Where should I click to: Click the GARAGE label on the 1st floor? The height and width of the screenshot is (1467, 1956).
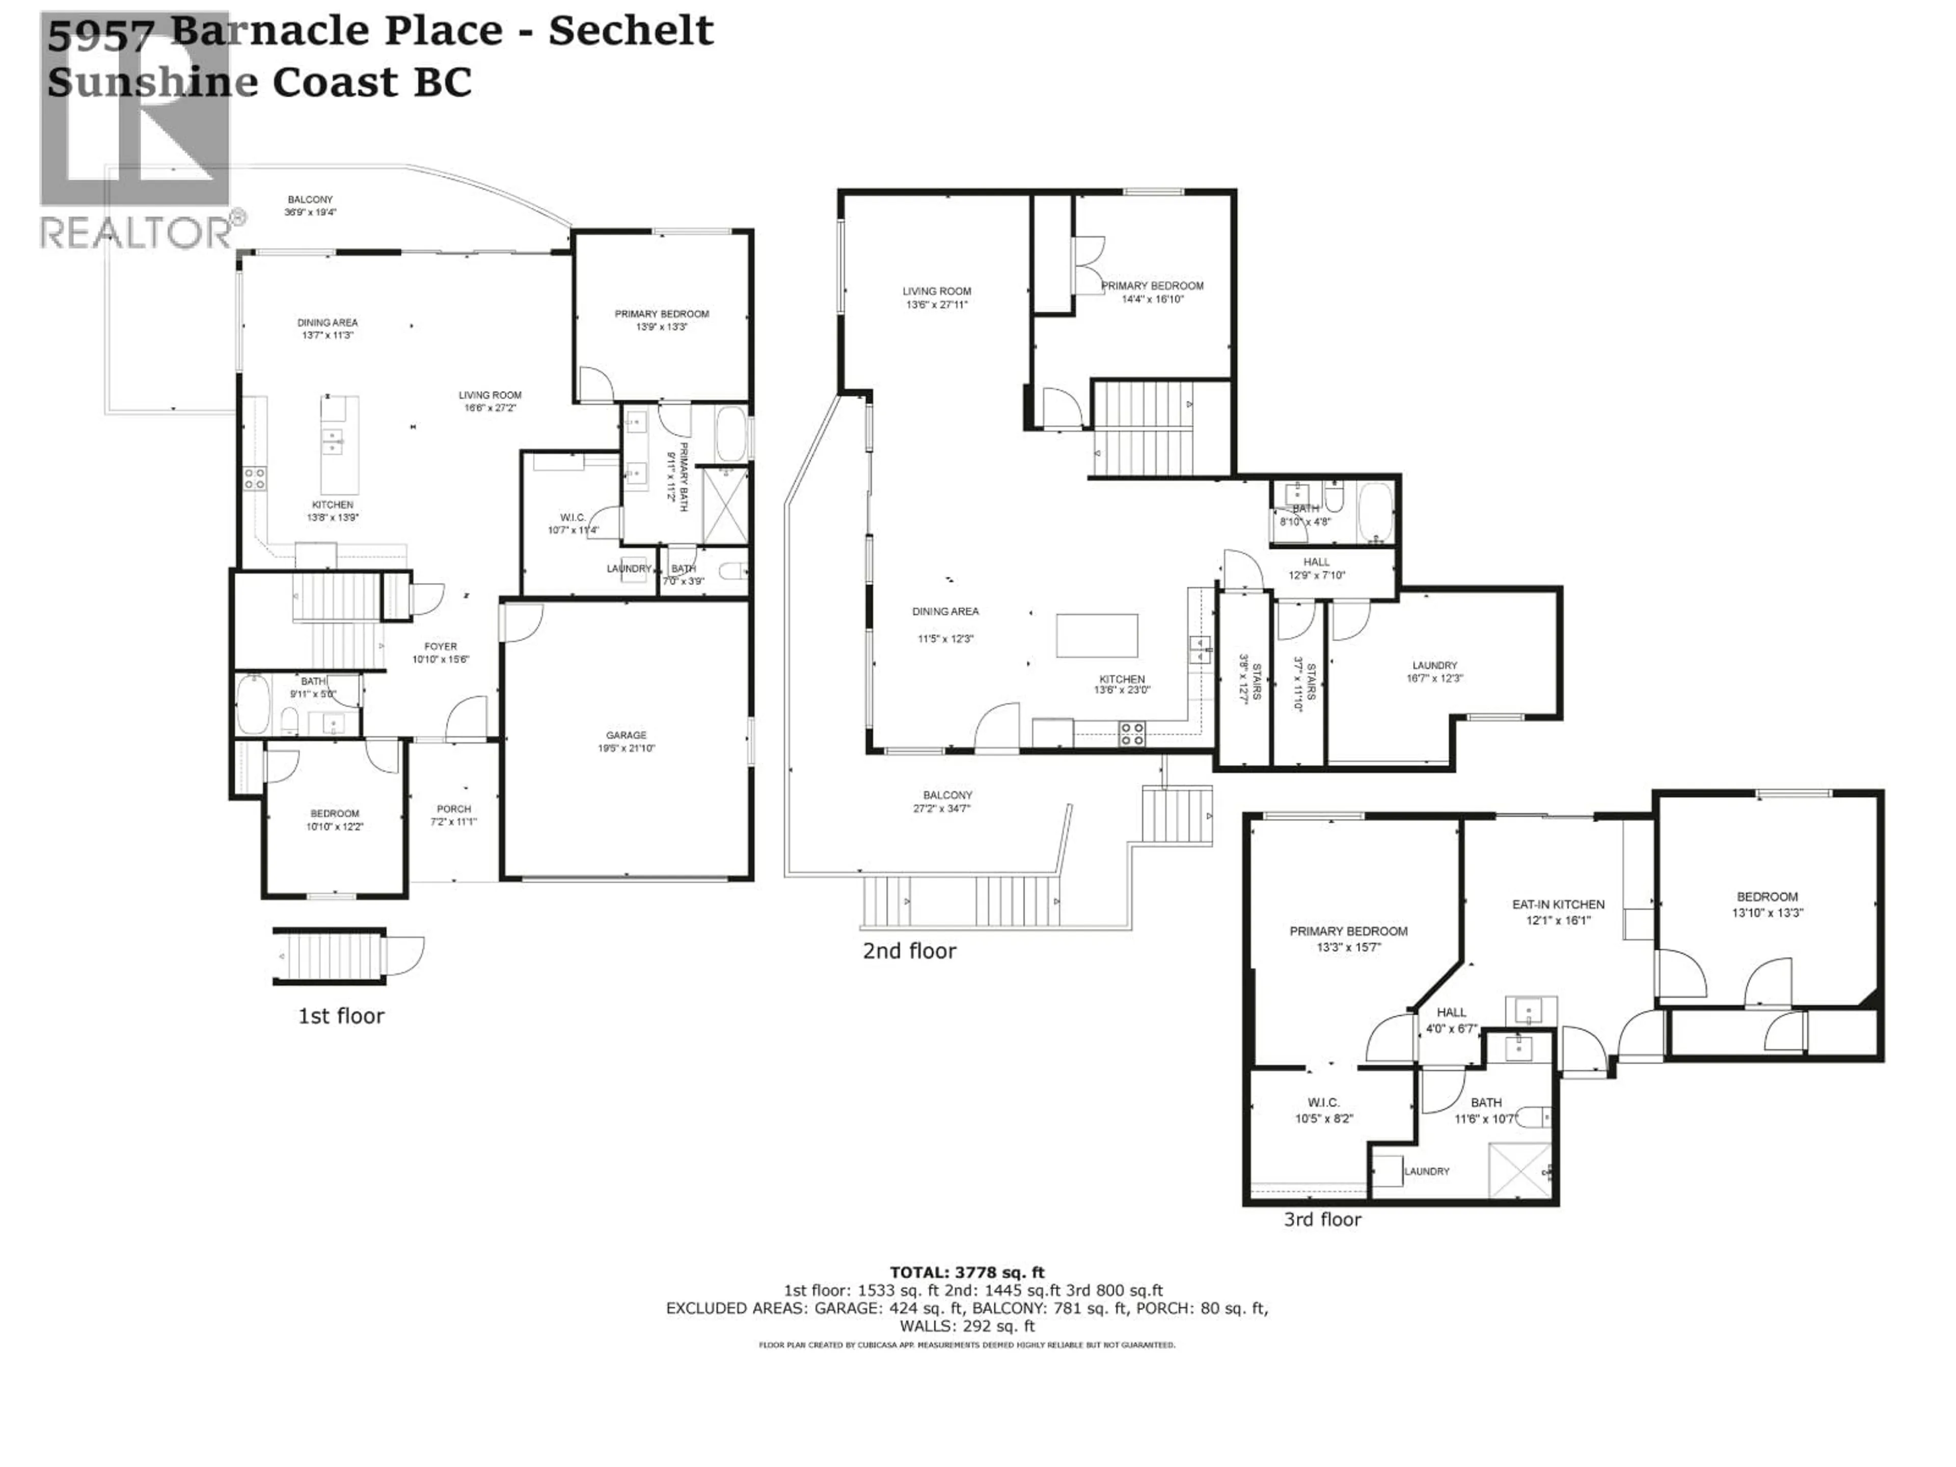pyautogui.click(x=626, y=735)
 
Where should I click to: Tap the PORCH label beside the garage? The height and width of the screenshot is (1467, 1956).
pyautogui.click(x=454, y=808)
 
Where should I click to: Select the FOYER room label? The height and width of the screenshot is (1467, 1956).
pyautogui.click(x=441, y=646)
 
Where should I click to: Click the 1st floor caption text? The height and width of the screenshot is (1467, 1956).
pyautogui.click(x=341, y=1016)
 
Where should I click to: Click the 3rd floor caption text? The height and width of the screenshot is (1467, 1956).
pyautogui.click(x=1322, y=1219)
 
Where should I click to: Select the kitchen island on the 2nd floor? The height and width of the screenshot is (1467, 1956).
pyautogui.click(x=1097, y=635)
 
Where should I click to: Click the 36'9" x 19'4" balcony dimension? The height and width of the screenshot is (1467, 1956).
pyautogui.click(x=310, y=212)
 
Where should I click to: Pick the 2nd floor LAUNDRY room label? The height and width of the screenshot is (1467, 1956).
pyautogui.click(x=1434, y=665)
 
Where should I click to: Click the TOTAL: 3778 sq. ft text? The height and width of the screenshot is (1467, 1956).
pyautogui.click(x=966, y=1272)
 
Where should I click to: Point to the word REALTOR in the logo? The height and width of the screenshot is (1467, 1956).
pyautogui.click(x=134, y=233)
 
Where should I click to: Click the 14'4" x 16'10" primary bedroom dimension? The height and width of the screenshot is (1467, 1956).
pyautogui.click(x=1152, y=299)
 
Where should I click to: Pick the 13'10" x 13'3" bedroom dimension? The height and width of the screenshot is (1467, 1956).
pyautogui.click(x=1767, y=913)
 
